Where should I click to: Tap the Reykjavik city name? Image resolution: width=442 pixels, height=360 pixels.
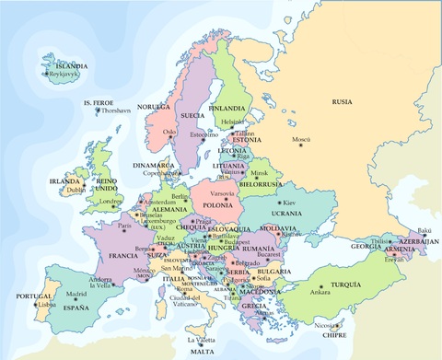pos(67,75)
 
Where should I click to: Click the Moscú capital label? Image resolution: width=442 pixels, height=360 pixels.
pos(301,139)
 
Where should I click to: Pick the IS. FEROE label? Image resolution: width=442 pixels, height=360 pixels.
pos(99,102)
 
